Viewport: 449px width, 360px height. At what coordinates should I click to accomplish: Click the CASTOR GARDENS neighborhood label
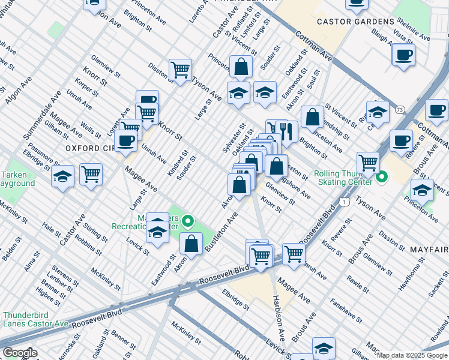coord(354,22)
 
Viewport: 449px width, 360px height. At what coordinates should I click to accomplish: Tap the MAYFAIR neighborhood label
coord(429,248)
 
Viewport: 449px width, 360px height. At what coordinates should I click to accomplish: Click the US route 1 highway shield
coord(343,203)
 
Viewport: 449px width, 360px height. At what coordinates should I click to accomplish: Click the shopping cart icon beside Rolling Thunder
coord(368,161)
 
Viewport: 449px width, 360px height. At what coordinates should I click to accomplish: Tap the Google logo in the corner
coord(20,353)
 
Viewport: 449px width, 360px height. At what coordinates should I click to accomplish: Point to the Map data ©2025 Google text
coord(412,355)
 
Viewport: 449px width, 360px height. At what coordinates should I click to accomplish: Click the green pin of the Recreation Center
coord(188,223)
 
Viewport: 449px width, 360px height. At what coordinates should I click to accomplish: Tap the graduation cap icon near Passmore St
coord(62,176)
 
